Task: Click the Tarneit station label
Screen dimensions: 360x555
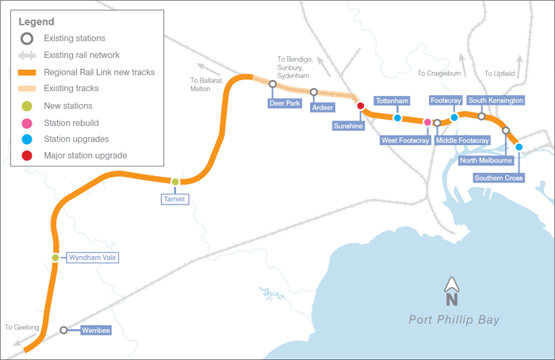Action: pyautogui.click(x=175, y=200)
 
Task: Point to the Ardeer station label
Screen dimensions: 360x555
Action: pyautogui.click(x=323, y=107)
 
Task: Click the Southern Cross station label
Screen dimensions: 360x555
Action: pyautogui.click(x=499, y=178)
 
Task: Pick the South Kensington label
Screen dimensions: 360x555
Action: pyautogui.click(x=496, y=101)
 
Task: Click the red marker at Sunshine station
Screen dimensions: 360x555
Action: pyautogui.click(x=360, y=105)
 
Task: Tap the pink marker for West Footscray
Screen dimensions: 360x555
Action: pyautogui.click(x=427, y=122)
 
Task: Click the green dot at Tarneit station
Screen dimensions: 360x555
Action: pyautogui.click(x=175, y=182)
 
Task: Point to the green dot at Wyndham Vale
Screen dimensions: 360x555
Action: pyautogui.click(x=55, y=258)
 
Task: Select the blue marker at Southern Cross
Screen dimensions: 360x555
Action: pyautogui.click(x=519, y=147)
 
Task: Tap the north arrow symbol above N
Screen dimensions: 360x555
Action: pyautogui.click(x=452, y=284)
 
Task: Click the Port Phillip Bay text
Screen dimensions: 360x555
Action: pyautogui.click(x=454, y=320)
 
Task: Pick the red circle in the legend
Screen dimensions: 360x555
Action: pyautogui.click(x=27, y=155)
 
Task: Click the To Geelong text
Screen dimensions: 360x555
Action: pyautogui.click(x=21, y=327)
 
